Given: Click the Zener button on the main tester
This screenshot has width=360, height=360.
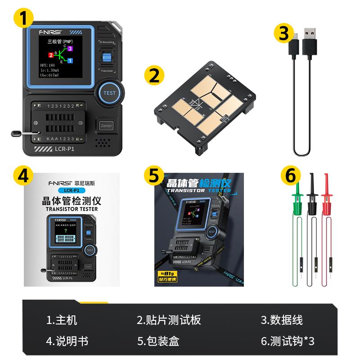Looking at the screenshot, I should pyautogui.click(x=107, y=126).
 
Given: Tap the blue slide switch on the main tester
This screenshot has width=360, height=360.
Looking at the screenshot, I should pyautogui.click(x=107, y=58).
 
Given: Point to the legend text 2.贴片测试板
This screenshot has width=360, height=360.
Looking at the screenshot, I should pyautogui.click(x=169, y=320).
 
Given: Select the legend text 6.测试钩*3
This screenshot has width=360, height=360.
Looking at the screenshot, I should pyautogui.click(x=288, y=341).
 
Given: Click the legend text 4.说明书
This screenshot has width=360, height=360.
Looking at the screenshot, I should pyautogui.click(x=67, y=341).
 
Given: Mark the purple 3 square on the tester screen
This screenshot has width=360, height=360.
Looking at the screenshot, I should pyautogui.click(x=70, y=48).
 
